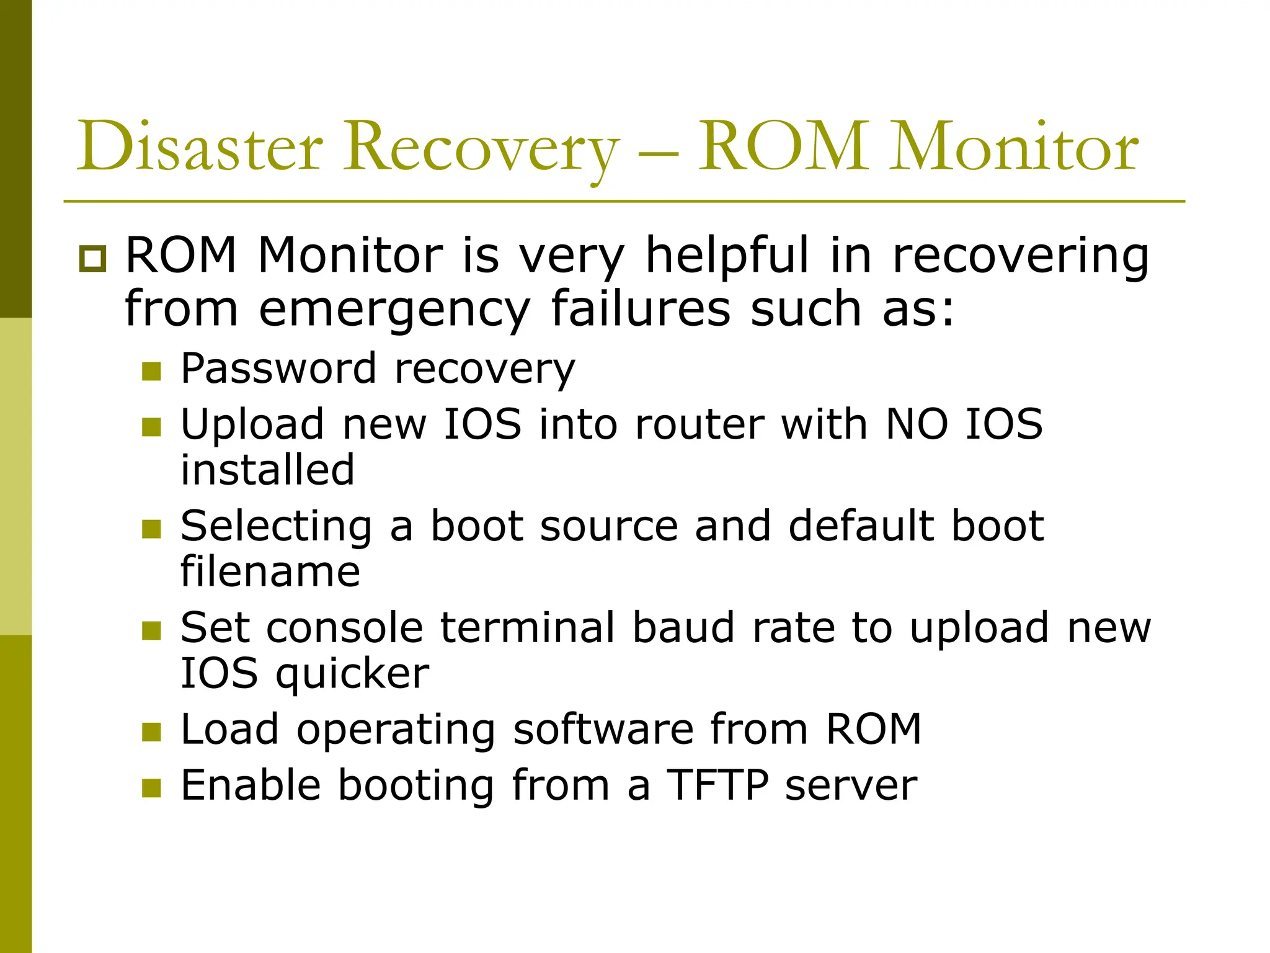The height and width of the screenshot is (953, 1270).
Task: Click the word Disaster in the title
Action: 200,146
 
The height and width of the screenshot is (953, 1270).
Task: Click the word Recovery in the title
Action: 482,149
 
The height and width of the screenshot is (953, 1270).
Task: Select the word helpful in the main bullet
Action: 727,256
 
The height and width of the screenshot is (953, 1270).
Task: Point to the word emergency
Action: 394,310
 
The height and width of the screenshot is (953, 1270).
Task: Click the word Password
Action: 278,369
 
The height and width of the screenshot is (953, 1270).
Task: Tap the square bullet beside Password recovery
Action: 151,371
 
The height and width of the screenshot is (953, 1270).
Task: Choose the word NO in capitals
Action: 917,424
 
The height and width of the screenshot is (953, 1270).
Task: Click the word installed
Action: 268,470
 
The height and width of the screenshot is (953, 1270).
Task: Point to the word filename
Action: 270,571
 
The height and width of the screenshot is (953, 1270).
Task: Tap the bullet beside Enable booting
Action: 151,788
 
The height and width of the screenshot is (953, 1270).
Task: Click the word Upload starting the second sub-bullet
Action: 252,424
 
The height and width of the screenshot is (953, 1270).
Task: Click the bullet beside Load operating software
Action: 151,732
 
